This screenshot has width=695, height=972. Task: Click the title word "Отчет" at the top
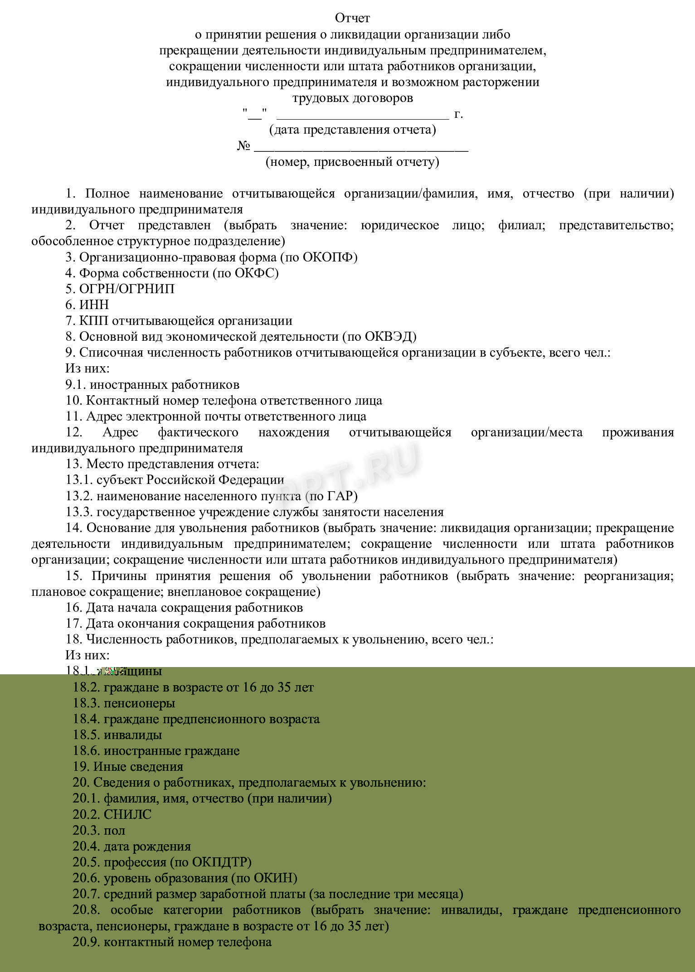352,18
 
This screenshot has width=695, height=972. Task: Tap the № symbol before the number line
244,146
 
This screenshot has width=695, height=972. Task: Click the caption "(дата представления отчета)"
352,130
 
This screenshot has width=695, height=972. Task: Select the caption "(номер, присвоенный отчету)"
352,162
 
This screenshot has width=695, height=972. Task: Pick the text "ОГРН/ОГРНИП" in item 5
126,289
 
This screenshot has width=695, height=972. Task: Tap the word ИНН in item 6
94,305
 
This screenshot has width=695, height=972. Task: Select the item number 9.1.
76,385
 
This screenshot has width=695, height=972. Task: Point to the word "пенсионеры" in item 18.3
139,703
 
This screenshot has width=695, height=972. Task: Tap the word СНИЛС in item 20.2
127,814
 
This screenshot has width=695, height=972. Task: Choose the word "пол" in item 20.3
114,831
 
